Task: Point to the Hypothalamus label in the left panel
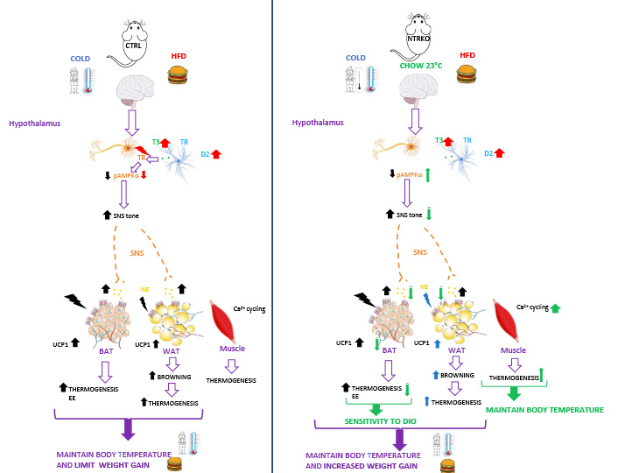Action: (34, 124)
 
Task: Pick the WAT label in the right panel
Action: (456, 350)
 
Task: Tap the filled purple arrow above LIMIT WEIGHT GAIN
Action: (129, 428)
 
